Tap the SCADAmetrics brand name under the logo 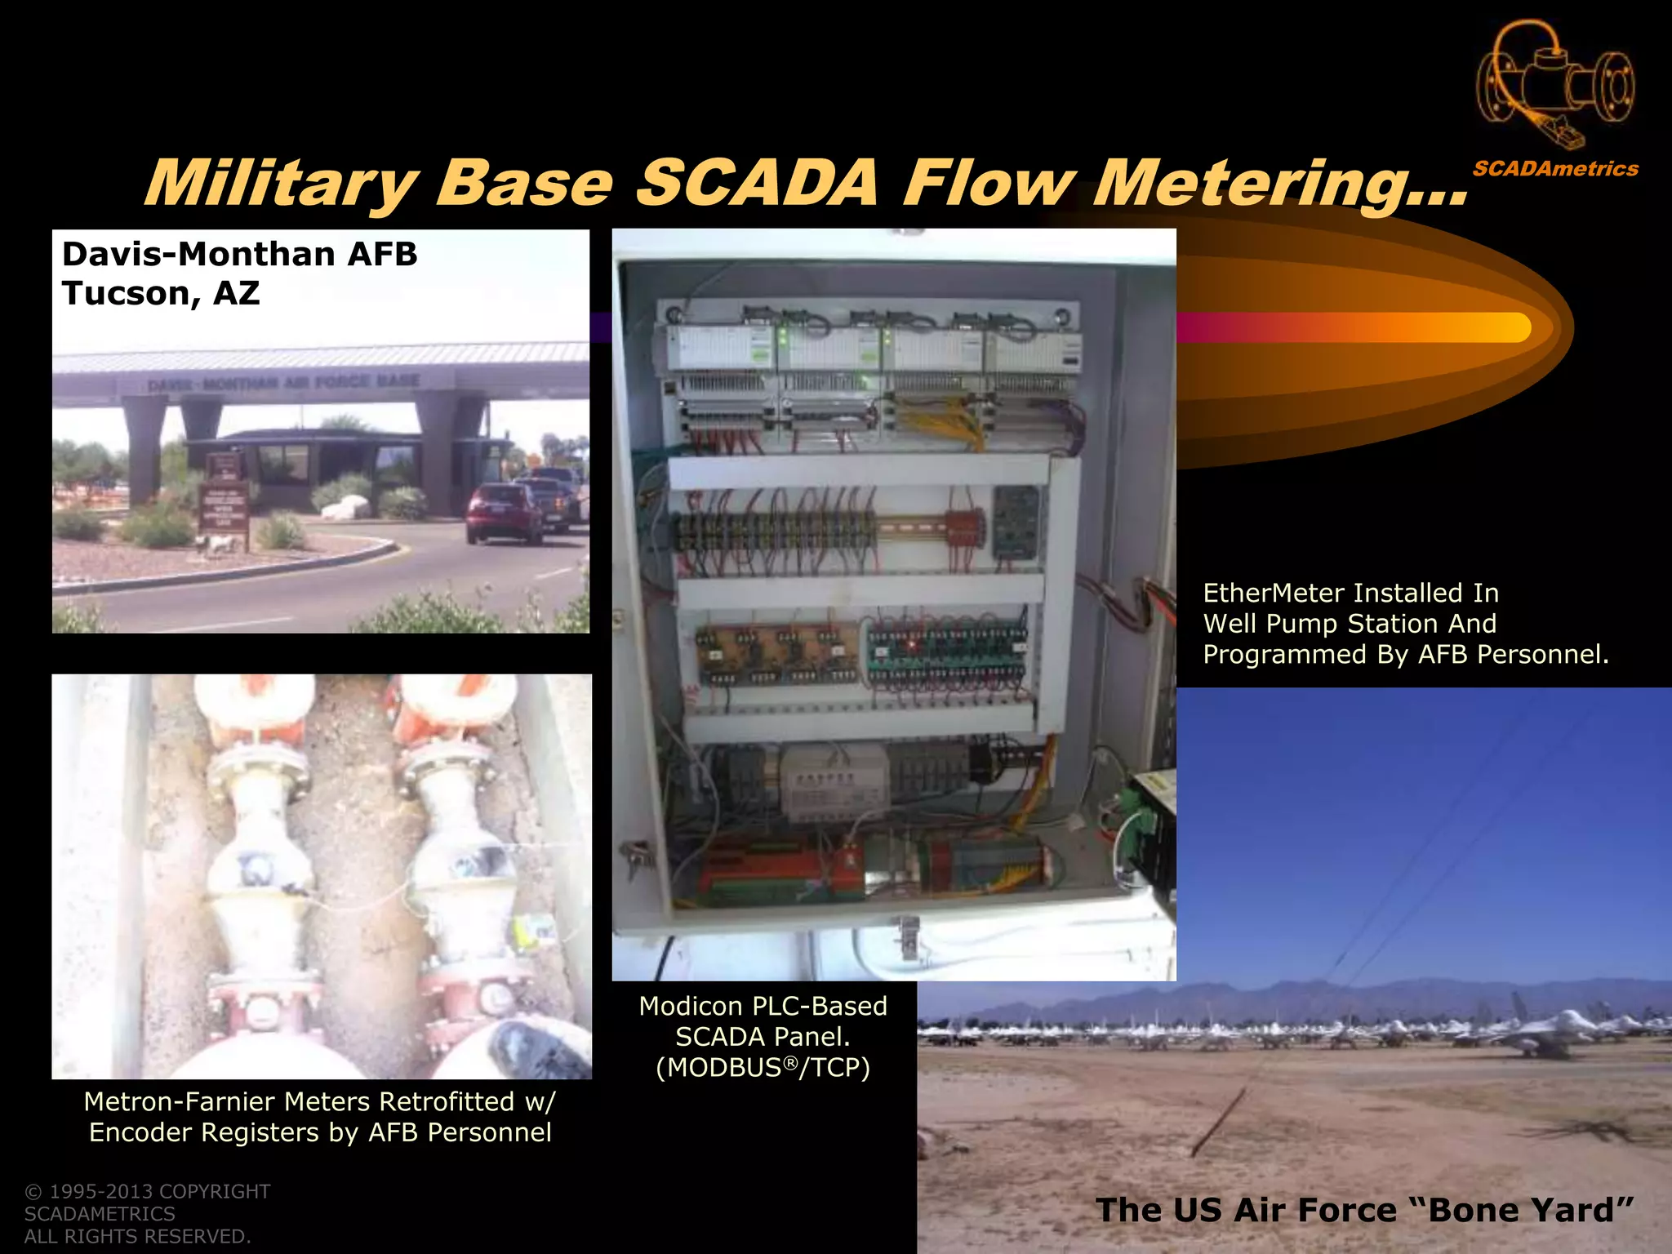[1555, 169]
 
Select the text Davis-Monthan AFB [239, 254]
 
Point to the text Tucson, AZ [161, 293]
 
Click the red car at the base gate [503, 512]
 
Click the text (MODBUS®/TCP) [763, 1067]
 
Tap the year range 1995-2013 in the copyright [101, 1191]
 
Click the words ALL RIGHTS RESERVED [137, 1236]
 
